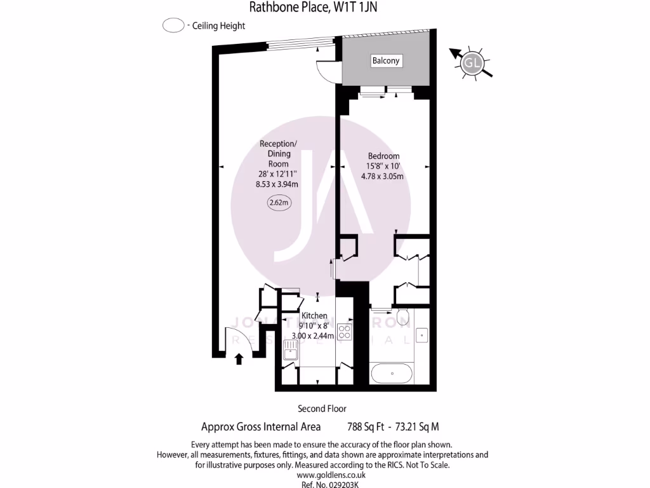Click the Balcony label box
386,61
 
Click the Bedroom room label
383,156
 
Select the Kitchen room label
314,316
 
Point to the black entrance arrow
239,359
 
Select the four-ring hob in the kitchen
345,331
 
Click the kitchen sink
291,349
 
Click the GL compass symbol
472,62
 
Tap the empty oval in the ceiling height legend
173,26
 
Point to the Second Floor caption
322,409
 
